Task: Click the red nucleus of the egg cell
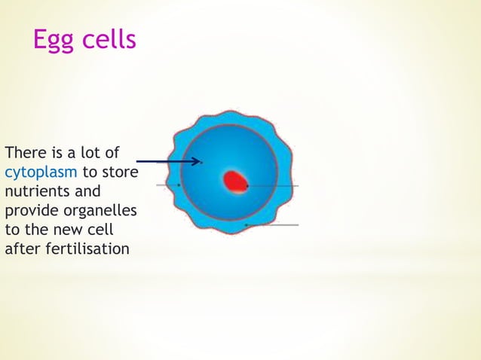(235, 182)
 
